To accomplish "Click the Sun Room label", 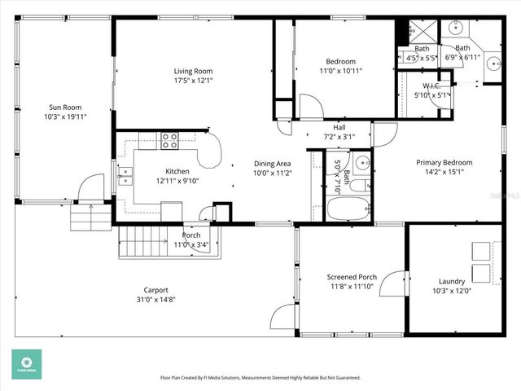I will coord(65,107).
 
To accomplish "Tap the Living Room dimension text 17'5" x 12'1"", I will coord(193,81).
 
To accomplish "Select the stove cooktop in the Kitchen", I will coord(170,141).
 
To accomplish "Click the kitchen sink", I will coord(125,176).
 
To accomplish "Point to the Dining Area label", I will coord(272,164).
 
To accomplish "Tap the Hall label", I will coord(339,127).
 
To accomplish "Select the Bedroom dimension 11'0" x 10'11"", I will coord(340,71).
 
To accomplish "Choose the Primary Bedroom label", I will coord(444,162).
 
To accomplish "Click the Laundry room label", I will coord(451,282).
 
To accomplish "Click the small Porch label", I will coord(191,235).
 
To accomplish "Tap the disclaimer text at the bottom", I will coord(260,378).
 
